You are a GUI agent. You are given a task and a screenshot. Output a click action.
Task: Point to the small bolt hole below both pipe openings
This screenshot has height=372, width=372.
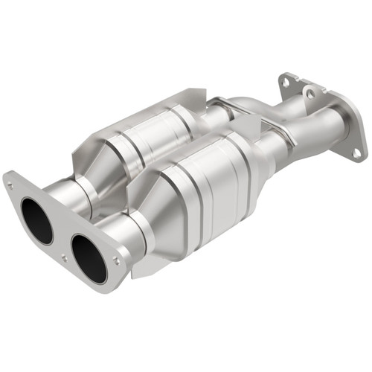(x=63, y=257)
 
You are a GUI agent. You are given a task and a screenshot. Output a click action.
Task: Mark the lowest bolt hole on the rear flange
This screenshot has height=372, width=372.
(x=357, y=153)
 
